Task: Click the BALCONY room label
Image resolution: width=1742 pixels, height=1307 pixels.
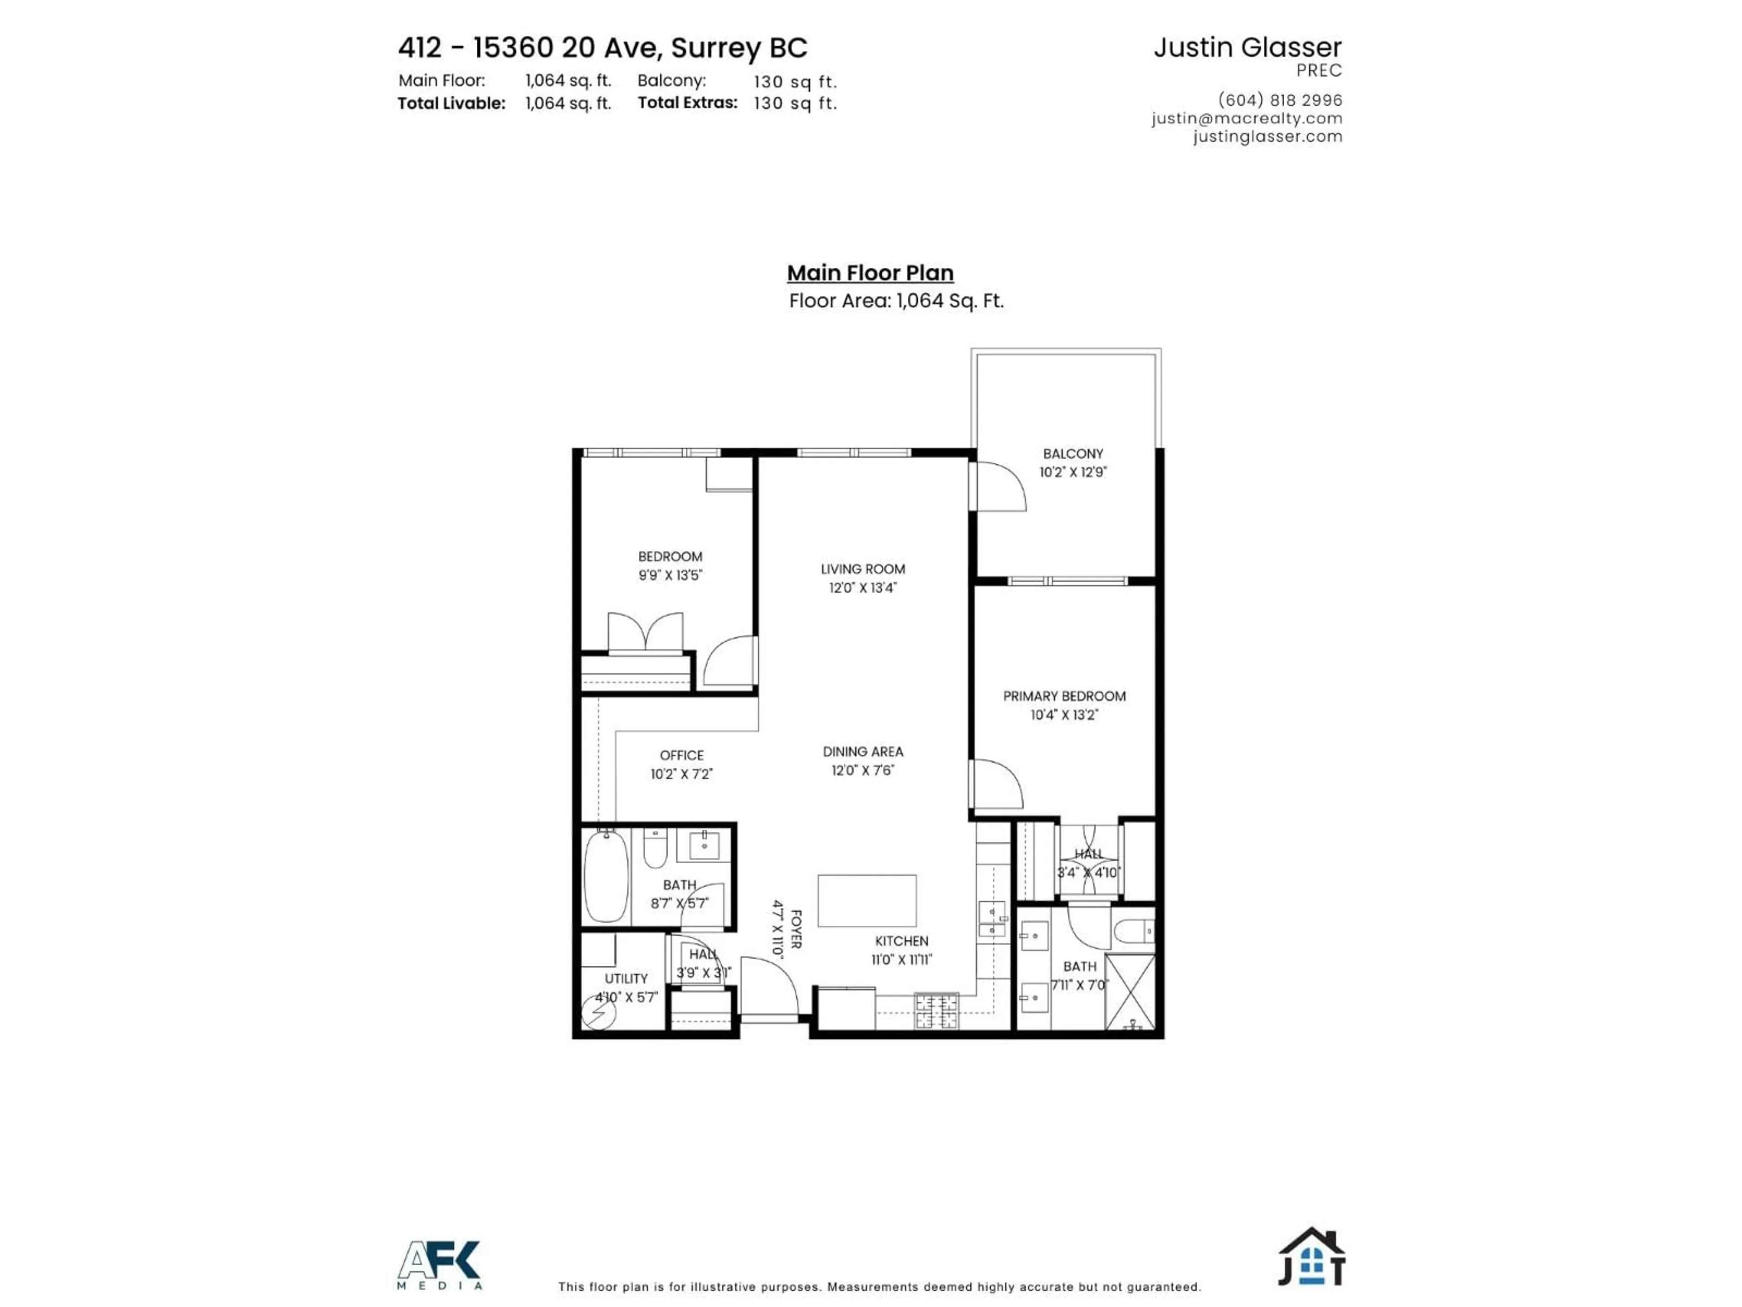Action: pyautogui.click(x=1072, y=454)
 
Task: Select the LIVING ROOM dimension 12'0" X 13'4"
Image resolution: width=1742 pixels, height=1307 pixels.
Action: pyautogui.click(x=862, y=588)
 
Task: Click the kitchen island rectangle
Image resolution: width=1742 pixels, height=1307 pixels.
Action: pyautogui.click(x=866, y=900)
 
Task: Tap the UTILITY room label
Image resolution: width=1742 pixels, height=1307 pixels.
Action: pyautogui.click(x=626, y=978)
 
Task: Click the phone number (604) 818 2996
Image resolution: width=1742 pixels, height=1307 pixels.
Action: pyautogui.click(x=1280, y=100)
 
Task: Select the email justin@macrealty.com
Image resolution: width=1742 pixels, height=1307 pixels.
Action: pyautogui.click(x=1247, y=118)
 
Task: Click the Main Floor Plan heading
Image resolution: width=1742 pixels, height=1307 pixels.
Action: pyautogui.click(x=870, y=273)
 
